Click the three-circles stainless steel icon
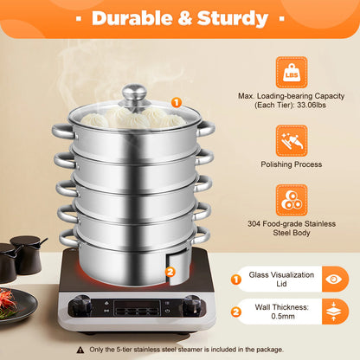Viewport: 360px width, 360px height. coord(292,200)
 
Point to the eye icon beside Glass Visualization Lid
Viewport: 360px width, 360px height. coord(335,280)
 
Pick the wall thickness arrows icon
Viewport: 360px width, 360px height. coord(335,312)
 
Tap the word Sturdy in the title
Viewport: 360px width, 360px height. coord(234,18)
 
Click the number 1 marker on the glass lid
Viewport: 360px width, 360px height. coord(177,102)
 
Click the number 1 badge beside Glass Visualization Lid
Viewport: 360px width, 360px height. coord(235,280)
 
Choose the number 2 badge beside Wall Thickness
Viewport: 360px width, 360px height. coord(235,312)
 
